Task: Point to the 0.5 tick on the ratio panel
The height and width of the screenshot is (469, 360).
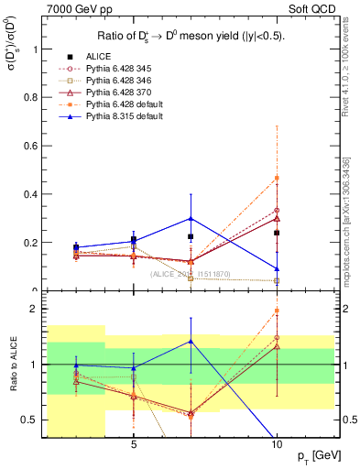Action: point(34,420)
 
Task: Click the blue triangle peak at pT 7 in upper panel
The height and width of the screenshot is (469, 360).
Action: point(191,218)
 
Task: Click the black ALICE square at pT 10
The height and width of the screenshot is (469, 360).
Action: point(277,233)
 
